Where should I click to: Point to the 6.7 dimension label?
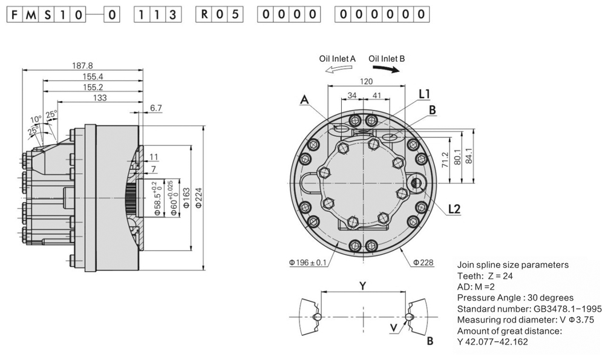pyautogui.click(x=155, y=108)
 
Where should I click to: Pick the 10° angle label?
pyautogui.click(x=36, y=119)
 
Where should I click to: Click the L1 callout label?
pyautogui.click(x=424, y=94)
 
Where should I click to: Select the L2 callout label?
pyautogui.click(x=455, y=210)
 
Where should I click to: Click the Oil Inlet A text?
pyautogui.click(x=337, y=59)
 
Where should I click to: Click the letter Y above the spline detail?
pyautogui.click(x=362, y=284)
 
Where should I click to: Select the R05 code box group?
pyautogui.click(x=220, y=15)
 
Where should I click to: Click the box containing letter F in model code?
pyautogui.click(x=13, y=15)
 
